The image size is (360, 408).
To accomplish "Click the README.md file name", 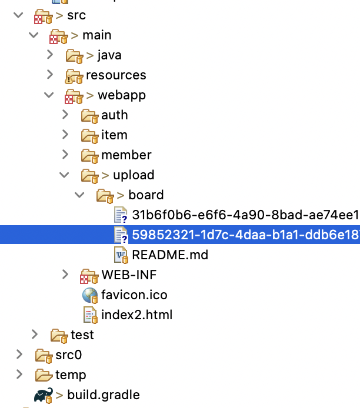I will click(170, 255).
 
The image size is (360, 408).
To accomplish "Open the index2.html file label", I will click(136, 315).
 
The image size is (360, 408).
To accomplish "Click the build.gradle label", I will click(103, 394).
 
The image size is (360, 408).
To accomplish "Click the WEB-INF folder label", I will click(129, 275).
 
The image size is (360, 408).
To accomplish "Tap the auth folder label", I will click(114, 115).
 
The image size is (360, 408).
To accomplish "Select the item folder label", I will click(114, 135).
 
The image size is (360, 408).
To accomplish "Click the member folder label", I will click(126, 155).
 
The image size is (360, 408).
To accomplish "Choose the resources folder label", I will click(116, 75).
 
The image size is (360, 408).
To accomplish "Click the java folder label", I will click(109, 55).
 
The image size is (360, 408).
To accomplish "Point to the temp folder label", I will click(71, 374).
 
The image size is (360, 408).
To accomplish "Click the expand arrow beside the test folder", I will click(35, 335).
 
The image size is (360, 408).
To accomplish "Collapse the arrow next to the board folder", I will click(79, 195).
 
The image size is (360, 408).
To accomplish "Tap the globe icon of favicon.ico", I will click(90, 295).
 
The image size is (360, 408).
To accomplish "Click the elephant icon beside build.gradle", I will click(43, 394).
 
